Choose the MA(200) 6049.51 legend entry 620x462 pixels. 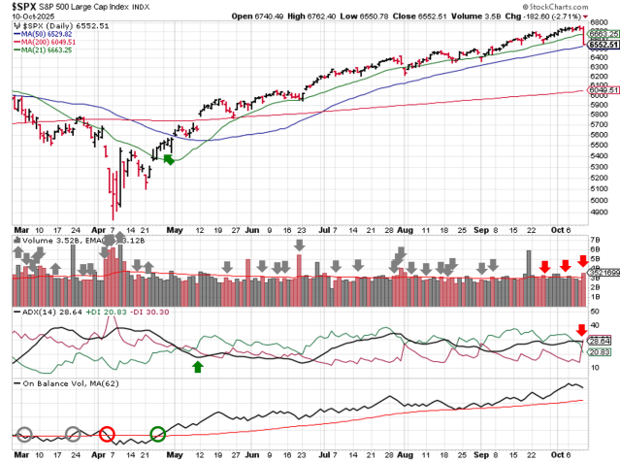tap(50, 41)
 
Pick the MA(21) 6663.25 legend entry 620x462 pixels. tap(49, 49)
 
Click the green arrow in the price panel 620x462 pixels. tap(169, 159)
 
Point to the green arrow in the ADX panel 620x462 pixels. tap(198, 366)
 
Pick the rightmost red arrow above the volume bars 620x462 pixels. tap(582, 260)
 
